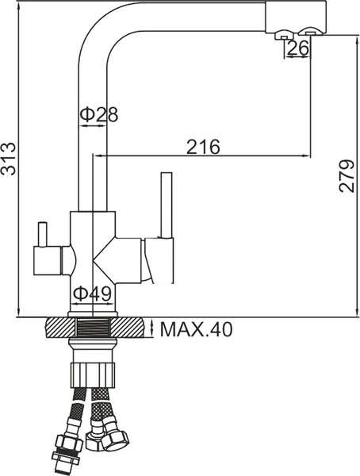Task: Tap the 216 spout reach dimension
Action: click(x=203, y=146)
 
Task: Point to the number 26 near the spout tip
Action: click(x=298, y=49)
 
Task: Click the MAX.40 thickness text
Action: click(x=196, y=329)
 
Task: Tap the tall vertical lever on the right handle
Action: click(x=167, y=205)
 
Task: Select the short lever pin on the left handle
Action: click(x=42, y=234)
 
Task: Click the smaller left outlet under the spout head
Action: click(x=281, y=36)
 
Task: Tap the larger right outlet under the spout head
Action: click(x=308, y=33)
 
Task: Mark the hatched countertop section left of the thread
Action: click(x=59, y=327)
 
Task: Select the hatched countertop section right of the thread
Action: click(x=132, y=327)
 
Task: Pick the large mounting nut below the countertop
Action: click(x=94, y=372)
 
